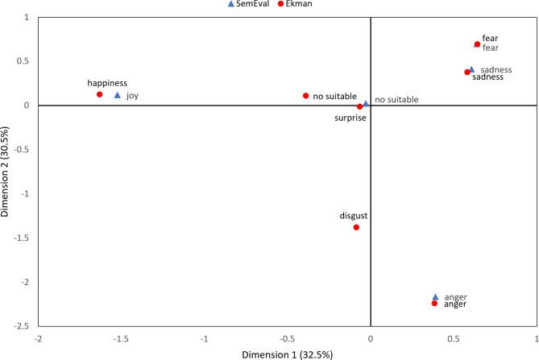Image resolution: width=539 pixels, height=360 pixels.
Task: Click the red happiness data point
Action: [x=100, y=94]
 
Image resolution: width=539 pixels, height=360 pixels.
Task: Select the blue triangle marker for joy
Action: [x=118, y=95]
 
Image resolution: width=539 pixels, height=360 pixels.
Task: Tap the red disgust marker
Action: [x=356, y=227]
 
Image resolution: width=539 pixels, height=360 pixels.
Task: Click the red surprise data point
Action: [x=360, y=106]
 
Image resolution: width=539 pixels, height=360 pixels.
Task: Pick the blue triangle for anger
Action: [x=435, y=297]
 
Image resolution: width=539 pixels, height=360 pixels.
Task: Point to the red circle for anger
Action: [x=434, y=304]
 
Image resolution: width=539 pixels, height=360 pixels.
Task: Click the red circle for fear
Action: [x=477, y=44]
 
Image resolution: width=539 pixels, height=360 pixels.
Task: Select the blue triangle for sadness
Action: [x=471, y=69]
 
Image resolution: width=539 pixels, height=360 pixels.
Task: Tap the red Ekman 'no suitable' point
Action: [x=306, y=96]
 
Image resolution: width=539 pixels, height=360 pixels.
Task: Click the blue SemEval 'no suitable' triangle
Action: [x=366, y=103]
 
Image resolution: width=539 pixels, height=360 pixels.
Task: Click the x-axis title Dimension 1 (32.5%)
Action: [x=286, y=353]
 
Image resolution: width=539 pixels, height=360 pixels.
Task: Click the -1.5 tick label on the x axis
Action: [x=121, y=338]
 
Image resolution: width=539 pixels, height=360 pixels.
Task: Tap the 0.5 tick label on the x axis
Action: [x=454, y=338]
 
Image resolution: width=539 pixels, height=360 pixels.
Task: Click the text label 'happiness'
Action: [x=107, y=82]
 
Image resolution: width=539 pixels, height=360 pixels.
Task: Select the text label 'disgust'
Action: [x=354, y=215]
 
